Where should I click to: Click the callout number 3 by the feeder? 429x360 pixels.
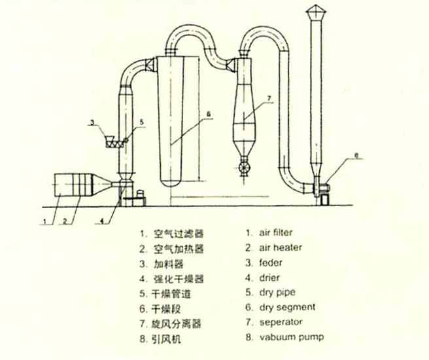(x=94, y=122)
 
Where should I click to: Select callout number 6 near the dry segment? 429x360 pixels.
(x=207, y=113)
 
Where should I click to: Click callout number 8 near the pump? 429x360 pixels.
(x=356, y=155)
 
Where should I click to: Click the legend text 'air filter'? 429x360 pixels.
(x=277, y=232)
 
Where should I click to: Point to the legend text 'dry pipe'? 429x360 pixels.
(x=275, y=292)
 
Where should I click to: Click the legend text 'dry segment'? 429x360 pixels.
(x=284, y=307)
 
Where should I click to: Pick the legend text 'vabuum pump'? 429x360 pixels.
(x=285, y=338)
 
